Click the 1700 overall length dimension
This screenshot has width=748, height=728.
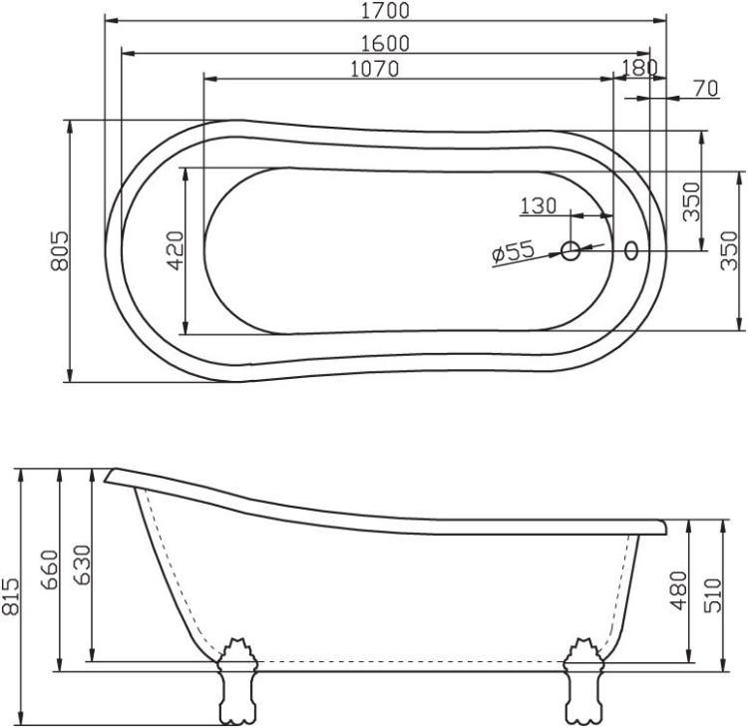click(x=386, y=11)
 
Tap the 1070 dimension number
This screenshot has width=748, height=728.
click(x=375, y=69)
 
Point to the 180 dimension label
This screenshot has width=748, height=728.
click(x=638, y=67)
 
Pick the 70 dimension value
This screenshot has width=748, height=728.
click(x=704, y=89)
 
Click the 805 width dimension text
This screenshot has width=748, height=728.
click(x=59, y=250)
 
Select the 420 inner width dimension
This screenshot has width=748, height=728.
click(x=175, y=250)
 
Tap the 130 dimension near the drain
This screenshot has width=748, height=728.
click(x=538, y=206)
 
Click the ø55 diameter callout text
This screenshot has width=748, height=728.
click(x=515, y=253)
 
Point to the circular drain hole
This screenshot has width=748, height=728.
click(x=571, y=251)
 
